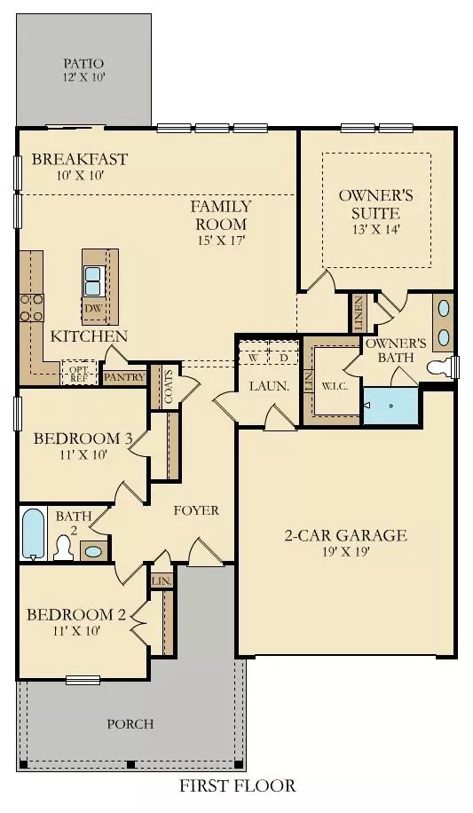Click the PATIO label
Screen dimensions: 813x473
84,64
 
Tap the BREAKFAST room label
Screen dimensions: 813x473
80,160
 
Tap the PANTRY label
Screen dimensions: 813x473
123,376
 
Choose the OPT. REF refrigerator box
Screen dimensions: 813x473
78,373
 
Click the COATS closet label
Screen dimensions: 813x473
168,386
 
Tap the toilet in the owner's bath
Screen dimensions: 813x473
441,367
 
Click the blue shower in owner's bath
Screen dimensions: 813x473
390,406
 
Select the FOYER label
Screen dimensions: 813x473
196,510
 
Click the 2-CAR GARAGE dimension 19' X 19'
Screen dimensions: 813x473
332,552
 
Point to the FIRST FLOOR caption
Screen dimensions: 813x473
238,785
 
